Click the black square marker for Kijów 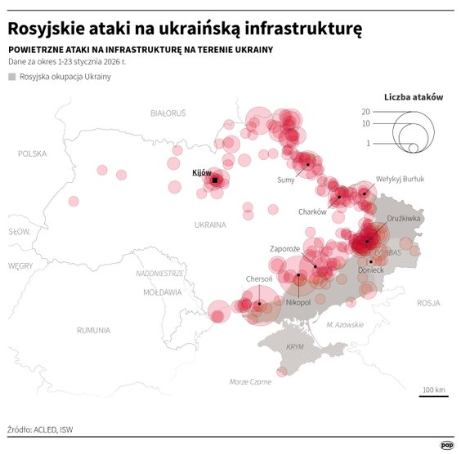tap(215, 180)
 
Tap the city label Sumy tap(286, 179)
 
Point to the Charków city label tap(312, 211)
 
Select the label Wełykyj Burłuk tap(401, 178)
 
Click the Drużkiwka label tap(403, 218)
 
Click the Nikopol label tap(298, 302)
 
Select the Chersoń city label tap(259, 279)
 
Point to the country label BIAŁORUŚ tap(168, 112)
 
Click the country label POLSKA tap(34, 153)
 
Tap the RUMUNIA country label tap(93, 330)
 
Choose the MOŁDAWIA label tap(162, 292)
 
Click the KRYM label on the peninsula tap(294, 347)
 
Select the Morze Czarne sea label tap(250, 381)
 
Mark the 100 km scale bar tap(433, 396)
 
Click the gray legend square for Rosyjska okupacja tap(12, 77)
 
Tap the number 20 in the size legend tap(366, 111)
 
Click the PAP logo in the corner tap(447, 444)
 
